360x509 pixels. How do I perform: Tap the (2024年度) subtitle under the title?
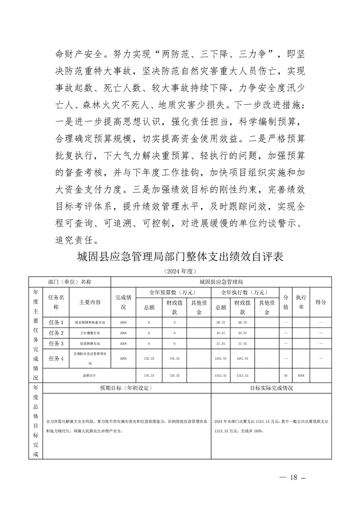[180, 271]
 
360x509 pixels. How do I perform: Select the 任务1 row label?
[56, 323]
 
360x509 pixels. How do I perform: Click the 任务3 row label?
[56, 343]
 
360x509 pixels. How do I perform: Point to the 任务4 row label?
[56, 358]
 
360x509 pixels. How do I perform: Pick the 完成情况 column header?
[123, 302]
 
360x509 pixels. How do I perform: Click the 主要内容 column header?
[90, 302]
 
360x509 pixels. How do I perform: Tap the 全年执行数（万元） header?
[245, 292]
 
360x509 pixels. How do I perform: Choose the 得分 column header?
[321, 302]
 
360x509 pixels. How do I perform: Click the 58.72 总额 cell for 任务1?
[221, 323]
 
